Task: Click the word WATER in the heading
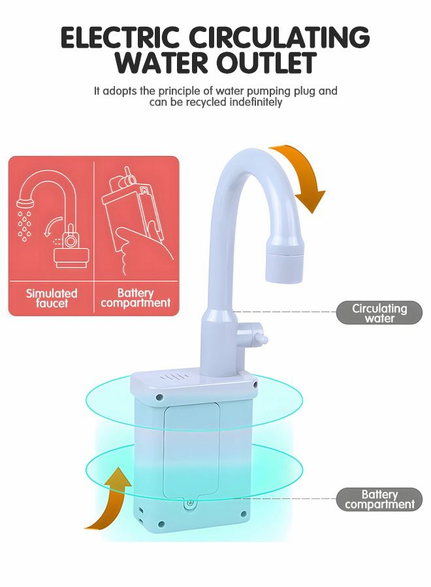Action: click(155, 63)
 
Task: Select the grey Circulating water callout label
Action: click(379, 313)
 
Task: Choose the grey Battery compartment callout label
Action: click(379, 500)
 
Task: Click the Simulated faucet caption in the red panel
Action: click(52, 297)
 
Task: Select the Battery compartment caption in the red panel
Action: click(136, 297)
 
